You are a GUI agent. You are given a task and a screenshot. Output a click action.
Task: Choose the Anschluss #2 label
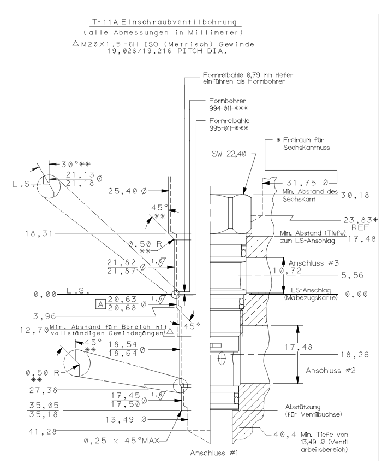click(331, 370)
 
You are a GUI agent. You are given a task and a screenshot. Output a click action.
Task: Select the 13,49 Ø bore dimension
click(127, 419)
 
